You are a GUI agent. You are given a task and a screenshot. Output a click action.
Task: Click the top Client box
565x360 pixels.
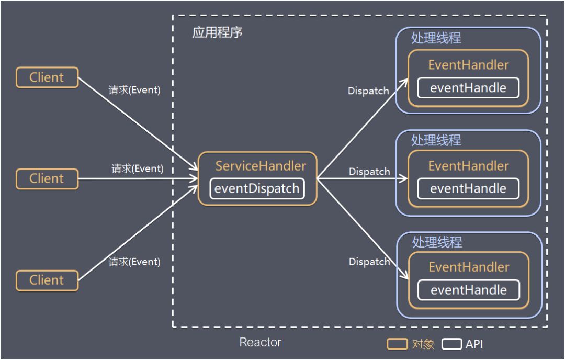(x=47, y=77)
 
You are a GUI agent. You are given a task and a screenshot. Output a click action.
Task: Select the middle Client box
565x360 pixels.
(x=47, y=178)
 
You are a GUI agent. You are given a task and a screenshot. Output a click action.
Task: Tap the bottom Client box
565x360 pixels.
(x=47, y=280)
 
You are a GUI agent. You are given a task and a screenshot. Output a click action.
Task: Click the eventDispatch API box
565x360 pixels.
(x=257, y=188)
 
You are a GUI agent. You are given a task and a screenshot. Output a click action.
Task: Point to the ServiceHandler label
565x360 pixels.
(x=261, y=166)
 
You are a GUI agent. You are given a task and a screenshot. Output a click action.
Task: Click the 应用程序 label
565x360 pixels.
(x=218, y=32)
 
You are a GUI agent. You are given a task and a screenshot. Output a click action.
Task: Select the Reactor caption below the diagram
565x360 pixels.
(x=260, y=342)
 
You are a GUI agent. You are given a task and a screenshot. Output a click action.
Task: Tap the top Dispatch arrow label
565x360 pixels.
(x=368, y=91)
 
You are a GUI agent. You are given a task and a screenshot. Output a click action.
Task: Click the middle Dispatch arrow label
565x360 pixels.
(x=369, y=171)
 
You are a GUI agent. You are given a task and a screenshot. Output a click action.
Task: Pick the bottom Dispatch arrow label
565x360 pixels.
(x=369, y=261)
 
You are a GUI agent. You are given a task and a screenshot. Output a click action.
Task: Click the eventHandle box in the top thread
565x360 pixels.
(x=468, y=88)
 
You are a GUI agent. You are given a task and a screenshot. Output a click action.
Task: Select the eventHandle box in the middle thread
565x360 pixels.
(x=468, y=189)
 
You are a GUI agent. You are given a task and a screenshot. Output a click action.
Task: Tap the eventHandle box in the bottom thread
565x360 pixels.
(x=469, y=290)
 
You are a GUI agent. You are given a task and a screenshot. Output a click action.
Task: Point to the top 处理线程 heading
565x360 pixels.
(x=436, y=39)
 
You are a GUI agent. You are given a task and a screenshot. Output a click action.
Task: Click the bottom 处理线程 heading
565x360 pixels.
(x=437, y=242)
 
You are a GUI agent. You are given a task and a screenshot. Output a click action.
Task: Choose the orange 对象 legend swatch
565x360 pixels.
(x=397, y=344)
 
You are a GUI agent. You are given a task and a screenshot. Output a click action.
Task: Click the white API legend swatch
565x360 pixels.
(x=452, y=344)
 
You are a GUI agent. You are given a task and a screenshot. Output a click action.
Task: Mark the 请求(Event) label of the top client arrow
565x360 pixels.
(x=134, y=90)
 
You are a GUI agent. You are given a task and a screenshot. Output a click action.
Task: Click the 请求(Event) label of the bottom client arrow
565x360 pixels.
(x=134, y=262)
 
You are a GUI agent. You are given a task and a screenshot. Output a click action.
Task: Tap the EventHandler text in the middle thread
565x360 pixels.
(x=468, y=166)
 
